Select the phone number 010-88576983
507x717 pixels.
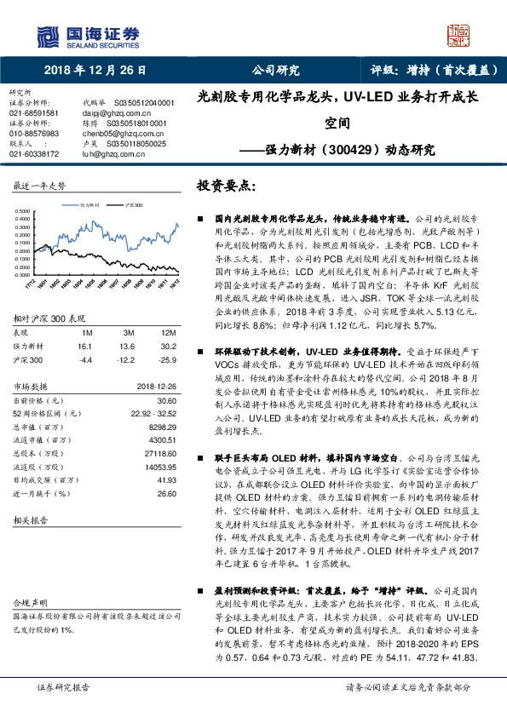34,134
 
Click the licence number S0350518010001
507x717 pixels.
140,123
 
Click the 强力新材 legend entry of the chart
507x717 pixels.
91,205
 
